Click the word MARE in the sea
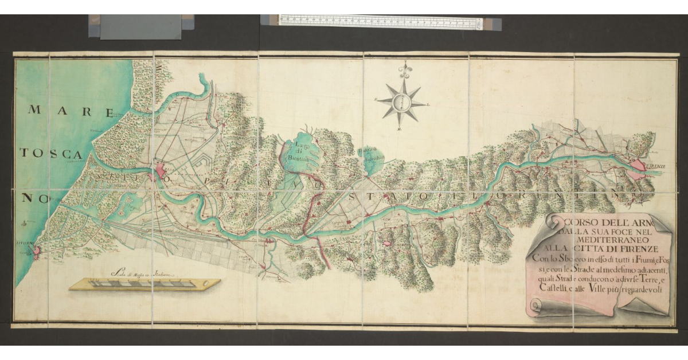69,111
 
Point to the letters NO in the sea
36,198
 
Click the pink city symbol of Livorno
37,251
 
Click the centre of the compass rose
403,104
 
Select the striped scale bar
145,284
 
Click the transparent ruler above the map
381,22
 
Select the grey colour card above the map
141,27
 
